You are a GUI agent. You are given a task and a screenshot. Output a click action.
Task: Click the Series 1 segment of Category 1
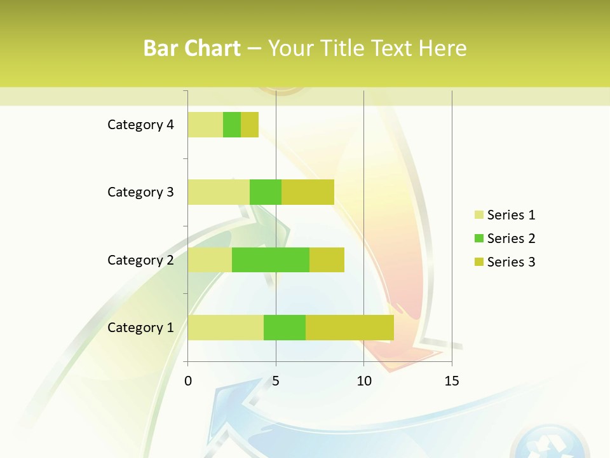(x=226, y=328)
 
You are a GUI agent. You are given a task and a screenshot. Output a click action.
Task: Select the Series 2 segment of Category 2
(x=271, y=260)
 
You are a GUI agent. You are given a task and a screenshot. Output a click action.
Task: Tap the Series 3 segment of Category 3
(x=308, y=192)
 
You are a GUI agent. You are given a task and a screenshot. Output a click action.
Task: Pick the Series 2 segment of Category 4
(x=232, y=125)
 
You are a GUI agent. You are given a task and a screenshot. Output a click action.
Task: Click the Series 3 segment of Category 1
(x=349, y=328)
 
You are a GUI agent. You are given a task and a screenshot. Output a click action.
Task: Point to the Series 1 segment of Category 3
(x=219, y=192)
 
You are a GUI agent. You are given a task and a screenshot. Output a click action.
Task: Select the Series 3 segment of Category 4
(x=250, y=125)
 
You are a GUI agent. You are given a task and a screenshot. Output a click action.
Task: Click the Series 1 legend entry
(x=505, y=215)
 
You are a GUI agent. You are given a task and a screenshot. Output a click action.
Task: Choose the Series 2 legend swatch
(x=478, y=239)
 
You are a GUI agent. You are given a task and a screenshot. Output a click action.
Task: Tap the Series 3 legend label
(x=511, y=262)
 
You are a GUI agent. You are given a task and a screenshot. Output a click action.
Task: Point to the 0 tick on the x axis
(x=188, y=381)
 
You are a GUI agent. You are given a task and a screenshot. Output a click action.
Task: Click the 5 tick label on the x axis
(x=276, y=381)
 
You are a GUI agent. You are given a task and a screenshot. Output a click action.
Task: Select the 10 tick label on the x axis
(x=363, y=381)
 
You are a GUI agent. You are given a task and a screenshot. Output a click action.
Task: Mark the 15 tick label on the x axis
(x=451, y=381)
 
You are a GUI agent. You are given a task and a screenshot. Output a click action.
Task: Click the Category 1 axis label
(x=140, y=328)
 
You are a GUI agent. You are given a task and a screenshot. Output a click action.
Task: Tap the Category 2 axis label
(x=140, y=260)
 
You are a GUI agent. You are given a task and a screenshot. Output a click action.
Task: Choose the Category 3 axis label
(x=140, y=192)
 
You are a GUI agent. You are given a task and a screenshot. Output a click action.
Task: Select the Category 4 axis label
(x=140, y=125)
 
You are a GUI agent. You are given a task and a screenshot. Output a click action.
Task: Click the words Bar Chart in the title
(x=192, y=48)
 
